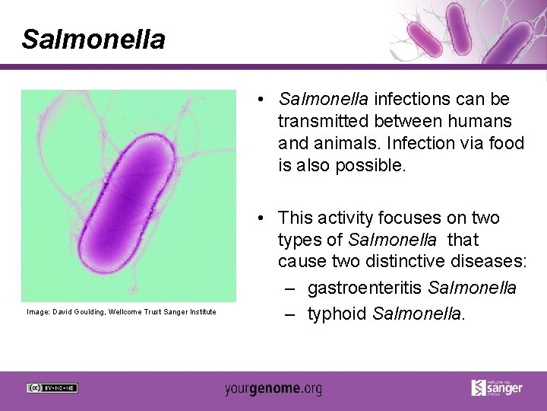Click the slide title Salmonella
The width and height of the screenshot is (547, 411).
point(93,39)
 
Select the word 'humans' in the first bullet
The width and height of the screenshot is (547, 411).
point(484,121)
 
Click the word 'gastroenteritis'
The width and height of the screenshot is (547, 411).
point(365,288)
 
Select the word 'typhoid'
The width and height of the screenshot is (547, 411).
point(337,314)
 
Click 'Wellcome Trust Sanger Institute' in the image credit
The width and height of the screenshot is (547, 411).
point(163,311)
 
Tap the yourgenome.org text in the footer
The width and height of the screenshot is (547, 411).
point(273,388)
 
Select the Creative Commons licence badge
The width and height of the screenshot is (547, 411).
point(52,388)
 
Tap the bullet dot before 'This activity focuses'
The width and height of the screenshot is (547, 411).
point(261,218)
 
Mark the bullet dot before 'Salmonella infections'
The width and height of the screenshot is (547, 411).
point(261,100)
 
